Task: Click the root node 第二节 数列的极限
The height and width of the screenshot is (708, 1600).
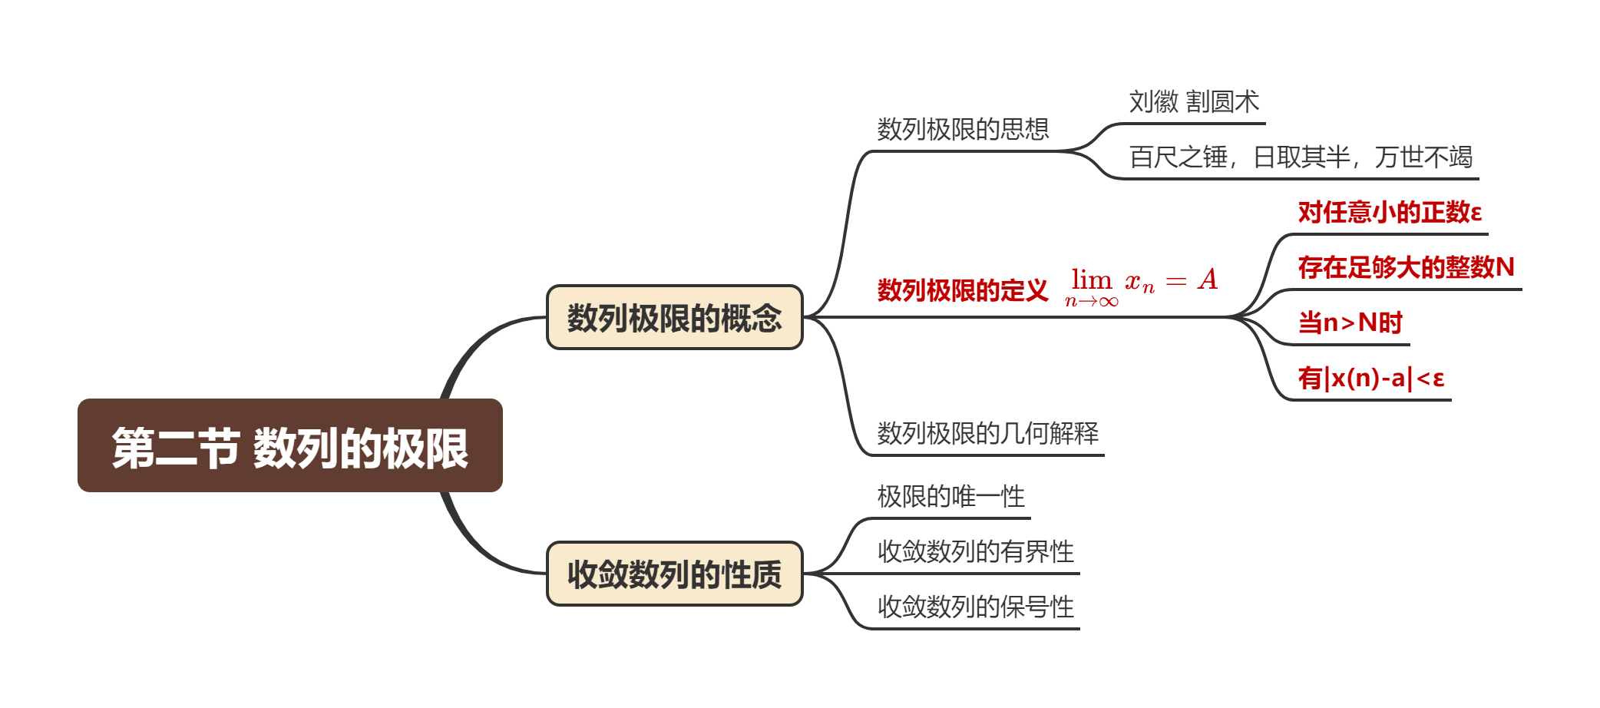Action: tap(289, 446)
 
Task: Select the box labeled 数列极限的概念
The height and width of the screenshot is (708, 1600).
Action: tap(674, 318)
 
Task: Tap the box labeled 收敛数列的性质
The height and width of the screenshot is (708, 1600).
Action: tap(674, 574)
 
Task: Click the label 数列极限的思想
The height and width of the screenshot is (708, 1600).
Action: tap(963, 129)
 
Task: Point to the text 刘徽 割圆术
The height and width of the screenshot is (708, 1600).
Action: tap(1194, 101)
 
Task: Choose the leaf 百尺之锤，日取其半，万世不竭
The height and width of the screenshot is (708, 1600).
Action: tap(1301, 157)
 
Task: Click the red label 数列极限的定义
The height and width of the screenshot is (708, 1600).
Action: tap(963, 290)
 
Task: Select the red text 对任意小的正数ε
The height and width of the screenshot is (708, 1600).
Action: tap(1390, 212)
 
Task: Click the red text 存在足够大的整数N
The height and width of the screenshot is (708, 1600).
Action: tap(1406, 267)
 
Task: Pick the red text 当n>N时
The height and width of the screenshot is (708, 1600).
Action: tap(1350, 323)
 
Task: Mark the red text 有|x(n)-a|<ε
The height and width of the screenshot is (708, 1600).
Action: tap(1371, 378)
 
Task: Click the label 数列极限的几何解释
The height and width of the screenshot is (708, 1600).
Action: tap(988, 433)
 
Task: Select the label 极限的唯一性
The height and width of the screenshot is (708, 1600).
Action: tap(951, 496)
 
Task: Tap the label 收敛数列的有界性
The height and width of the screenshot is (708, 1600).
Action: tap(976, 551)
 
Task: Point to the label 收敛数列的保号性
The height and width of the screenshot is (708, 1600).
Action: tap(976, 607)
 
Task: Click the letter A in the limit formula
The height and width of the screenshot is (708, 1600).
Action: tap(1208, 280)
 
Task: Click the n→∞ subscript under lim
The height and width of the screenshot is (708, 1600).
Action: tap(1091, 302)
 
